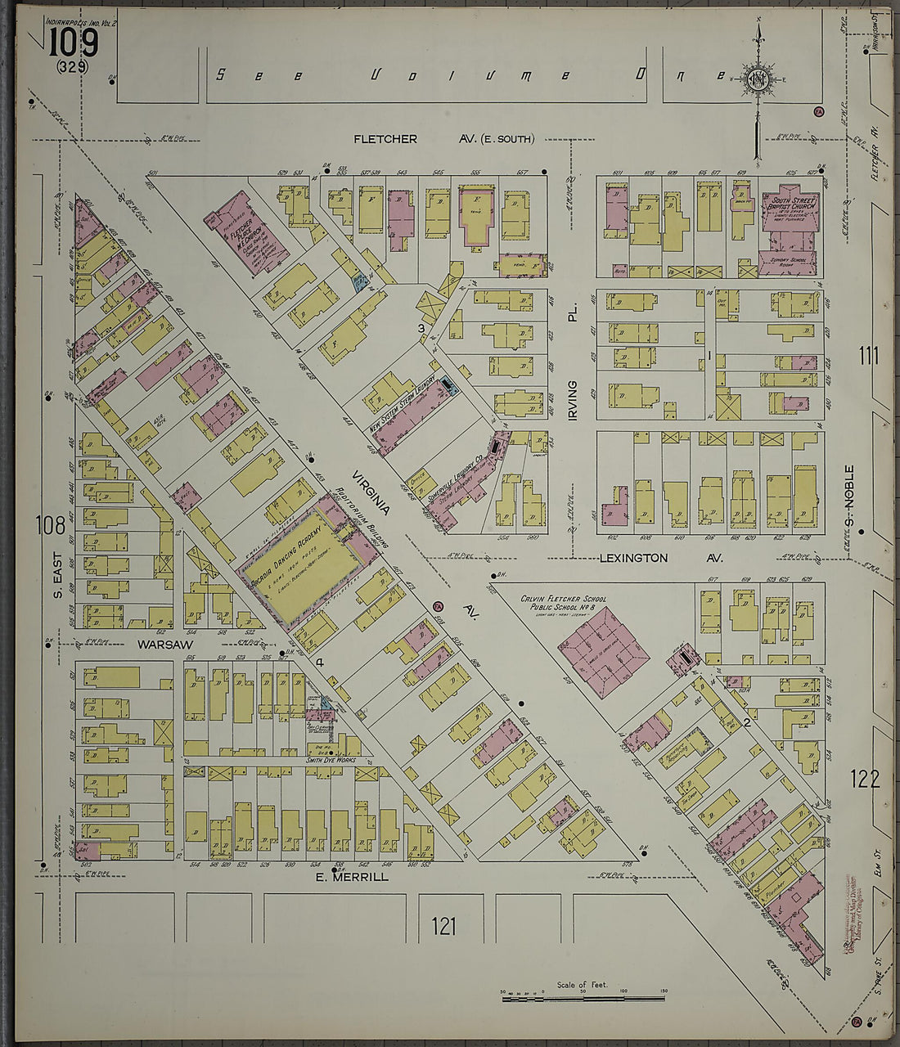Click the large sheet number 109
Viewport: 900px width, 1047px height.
[73, 43]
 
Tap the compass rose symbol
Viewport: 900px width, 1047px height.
[757, 80]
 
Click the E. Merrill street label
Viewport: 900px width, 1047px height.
[352, 877]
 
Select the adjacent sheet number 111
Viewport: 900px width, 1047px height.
[868, 356]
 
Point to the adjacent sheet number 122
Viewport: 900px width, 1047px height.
[864, 779]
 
